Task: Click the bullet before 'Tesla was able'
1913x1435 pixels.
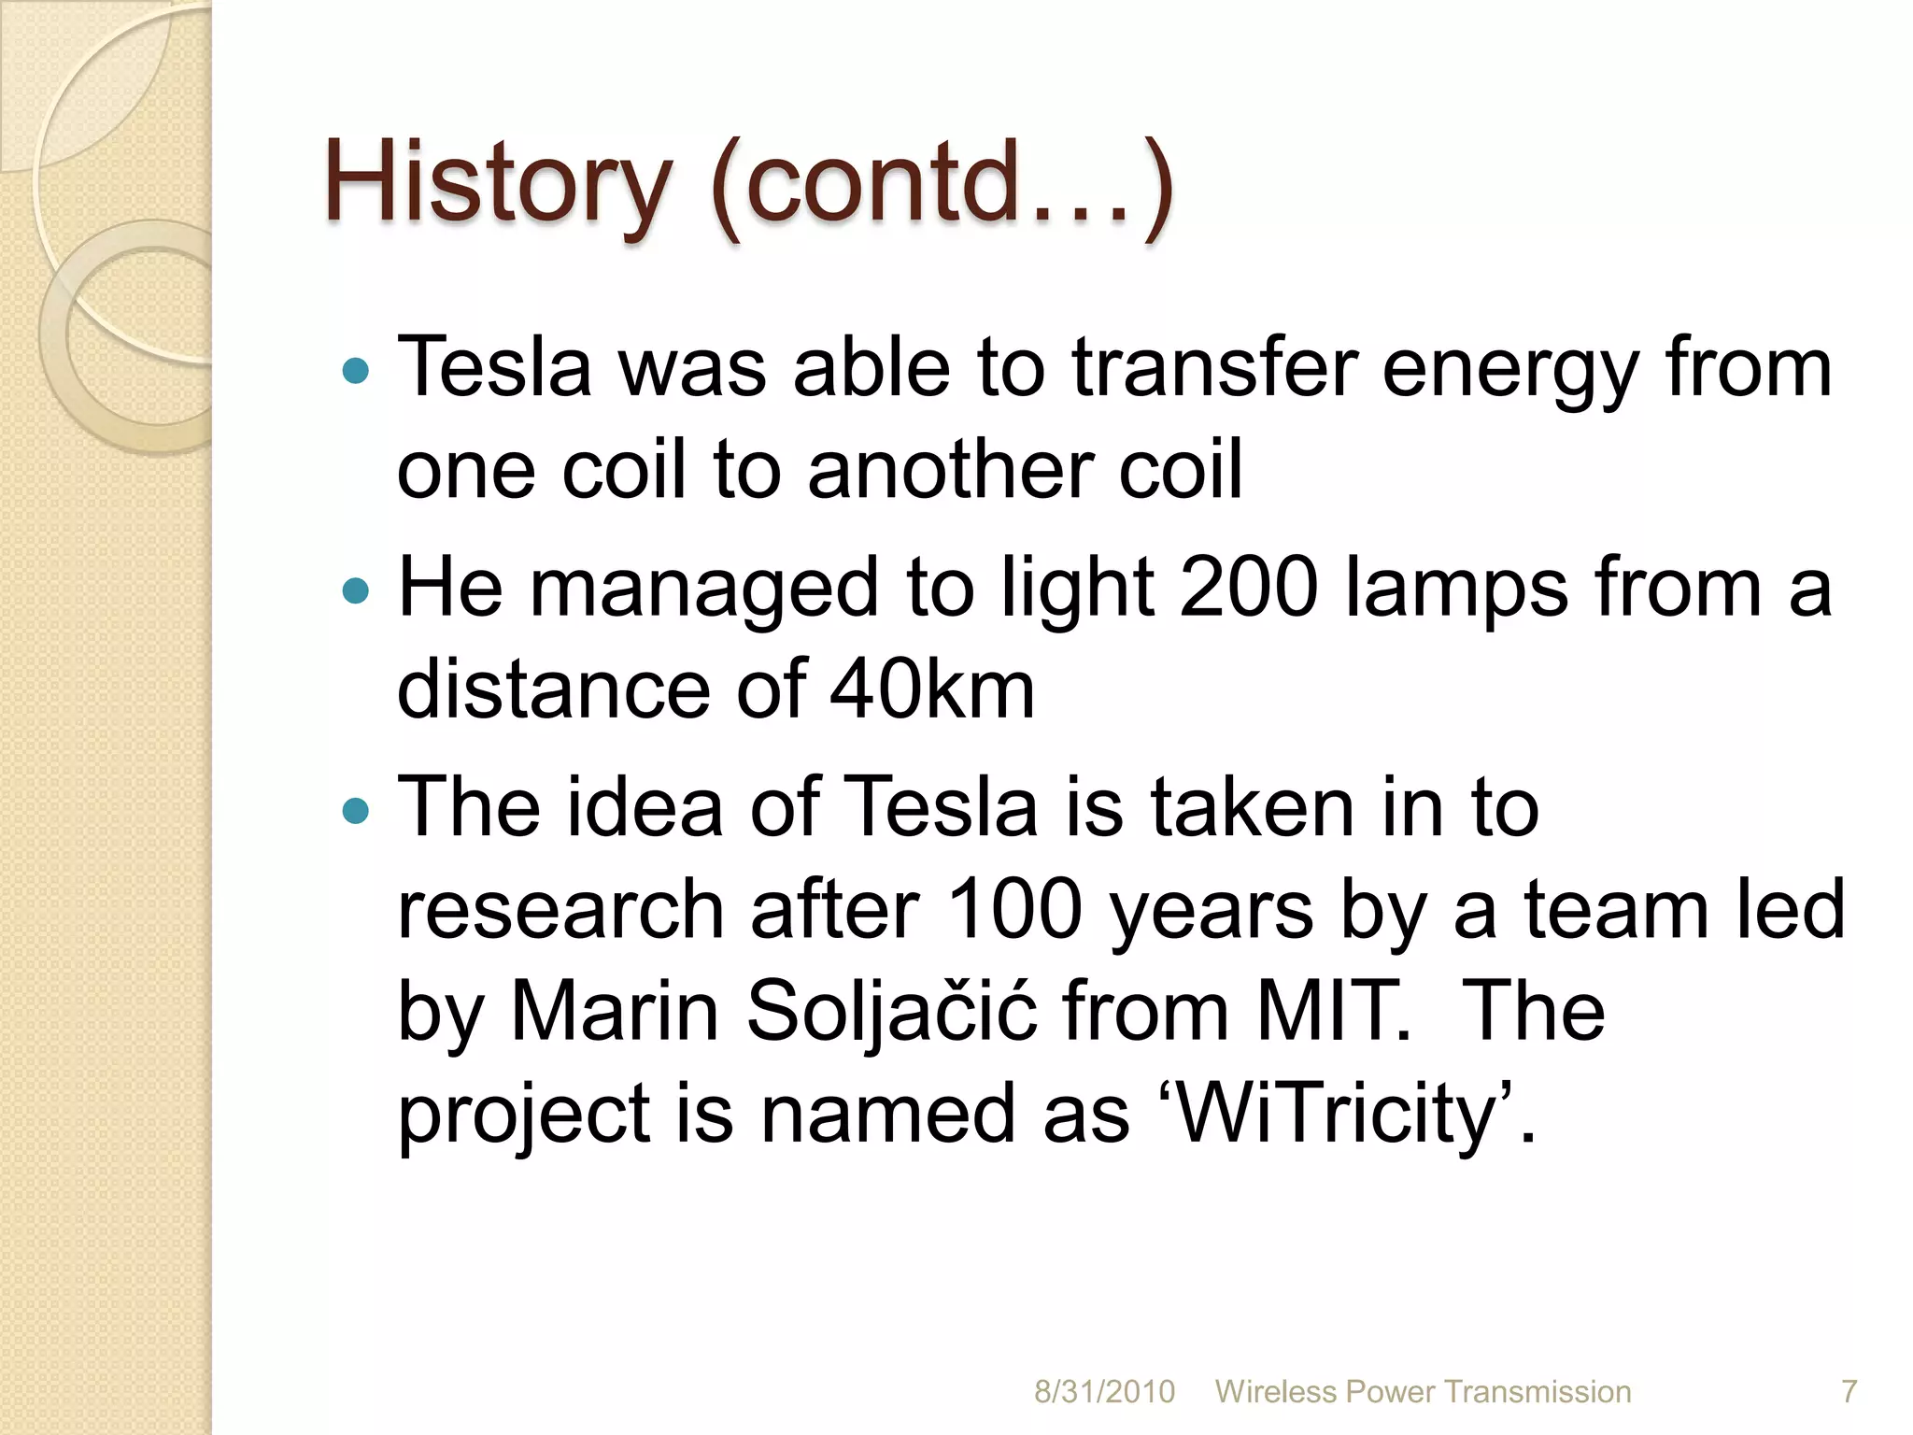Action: point(356,371)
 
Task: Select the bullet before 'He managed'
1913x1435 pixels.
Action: point(356,590)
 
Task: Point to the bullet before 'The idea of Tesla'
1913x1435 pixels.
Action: point(356,810)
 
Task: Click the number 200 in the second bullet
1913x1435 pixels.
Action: point(1249,589)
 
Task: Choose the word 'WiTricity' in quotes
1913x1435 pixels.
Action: point(1336,1114)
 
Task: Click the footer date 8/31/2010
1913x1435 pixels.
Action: point(1104,1391)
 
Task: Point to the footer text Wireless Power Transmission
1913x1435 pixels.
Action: point(1423,1391)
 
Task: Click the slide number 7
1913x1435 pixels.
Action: point(1849,1391)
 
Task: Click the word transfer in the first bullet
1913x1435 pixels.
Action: point(1213,369)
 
